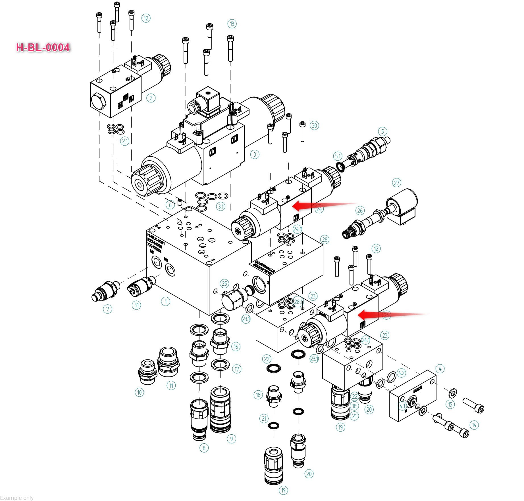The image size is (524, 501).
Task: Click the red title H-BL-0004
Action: (43, 47)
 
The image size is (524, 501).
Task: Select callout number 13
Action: (232, 24)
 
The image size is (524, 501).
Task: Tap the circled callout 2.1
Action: (125, 141)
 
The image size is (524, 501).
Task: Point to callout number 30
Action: (314, 125)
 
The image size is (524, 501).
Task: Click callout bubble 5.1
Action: (337, 156)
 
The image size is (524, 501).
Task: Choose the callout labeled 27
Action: (396, 183)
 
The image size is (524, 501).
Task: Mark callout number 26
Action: (360, 210)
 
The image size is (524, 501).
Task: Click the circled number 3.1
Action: (221, 207)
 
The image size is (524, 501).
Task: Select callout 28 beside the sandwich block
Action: (324, 239)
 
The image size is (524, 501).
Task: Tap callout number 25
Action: (224, 283)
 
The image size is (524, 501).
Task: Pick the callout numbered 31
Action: (136, 305)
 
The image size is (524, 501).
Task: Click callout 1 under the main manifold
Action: (166, 301)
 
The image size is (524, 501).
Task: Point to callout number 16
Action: (236, 346)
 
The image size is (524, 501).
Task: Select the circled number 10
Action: (139, 392)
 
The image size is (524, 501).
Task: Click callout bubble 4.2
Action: (401, 373)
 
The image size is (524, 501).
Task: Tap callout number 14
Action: (474, 425)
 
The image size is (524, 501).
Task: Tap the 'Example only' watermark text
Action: (17, 498)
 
